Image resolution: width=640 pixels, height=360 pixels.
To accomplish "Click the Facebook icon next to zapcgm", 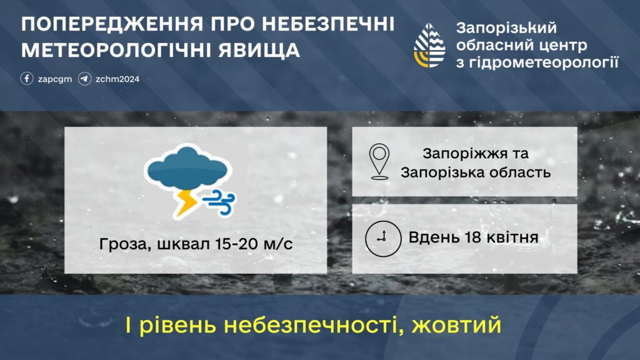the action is (x=27, y=78).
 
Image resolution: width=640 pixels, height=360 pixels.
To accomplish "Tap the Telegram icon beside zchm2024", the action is (x=85, y=78).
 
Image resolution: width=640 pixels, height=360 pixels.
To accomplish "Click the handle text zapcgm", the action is (x=55, y=79).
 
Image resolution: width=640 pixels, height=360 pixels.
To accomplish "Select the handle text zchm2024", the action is (x=117, y=79).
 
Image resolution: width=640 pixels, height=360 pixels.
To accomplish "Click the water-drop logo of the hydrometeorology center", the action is (x=429, y=45).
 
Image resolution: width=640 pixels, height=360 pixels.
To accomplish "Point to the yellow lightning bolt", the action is (x=186, y=203).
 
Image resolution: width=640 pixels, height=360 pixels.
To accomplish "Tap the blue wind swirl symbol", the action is (x=219, y=202).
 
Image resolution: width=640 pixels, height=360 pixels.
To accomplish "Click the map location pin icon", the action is (x=379, y=162).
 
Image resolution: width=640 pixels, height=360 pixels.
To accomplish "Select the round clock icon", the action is (x=383, y=238).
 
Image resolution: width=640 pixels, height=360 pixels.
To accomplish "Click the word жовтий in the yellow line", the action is (x=456, y=325).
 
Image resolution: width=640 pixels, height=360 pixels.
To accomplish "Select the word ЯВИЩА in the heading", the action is (x=259, y=50).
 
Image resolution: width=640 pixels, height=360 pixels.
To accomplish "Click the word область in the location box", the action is (x=520, y=172).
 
